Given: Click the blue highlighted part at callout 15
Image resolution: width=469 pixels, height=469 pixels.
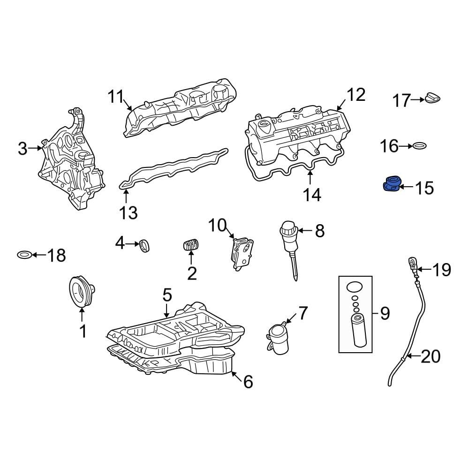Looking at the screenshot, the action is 392,184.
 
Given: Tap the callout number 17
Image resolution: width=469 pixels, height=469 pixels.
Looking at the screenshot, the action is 401,100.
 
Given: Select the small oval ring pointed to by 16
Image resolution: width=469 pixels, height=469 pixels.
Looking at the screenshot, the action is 419,146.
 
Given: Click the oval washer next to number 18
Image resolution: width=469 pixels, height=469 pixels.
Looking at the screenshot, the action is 24,255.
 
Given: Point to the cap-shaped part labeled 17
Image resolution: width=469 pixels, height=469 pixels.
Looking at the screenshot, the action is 432,98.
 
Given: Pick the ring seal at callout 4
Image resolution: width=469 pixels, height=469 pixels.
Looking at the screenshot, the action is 145,246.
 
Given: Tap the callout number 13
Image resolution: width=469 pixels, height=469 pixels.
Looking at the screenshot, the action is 129,212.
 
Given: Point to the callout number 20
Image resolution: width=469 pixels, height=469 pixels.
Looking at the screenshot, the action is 431,356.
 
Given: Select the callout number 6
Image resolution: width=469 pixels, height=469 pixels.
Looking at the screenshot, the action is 248,382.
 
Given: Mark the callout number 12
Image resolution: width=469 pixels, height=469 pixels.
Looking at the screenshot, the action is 356,95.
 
